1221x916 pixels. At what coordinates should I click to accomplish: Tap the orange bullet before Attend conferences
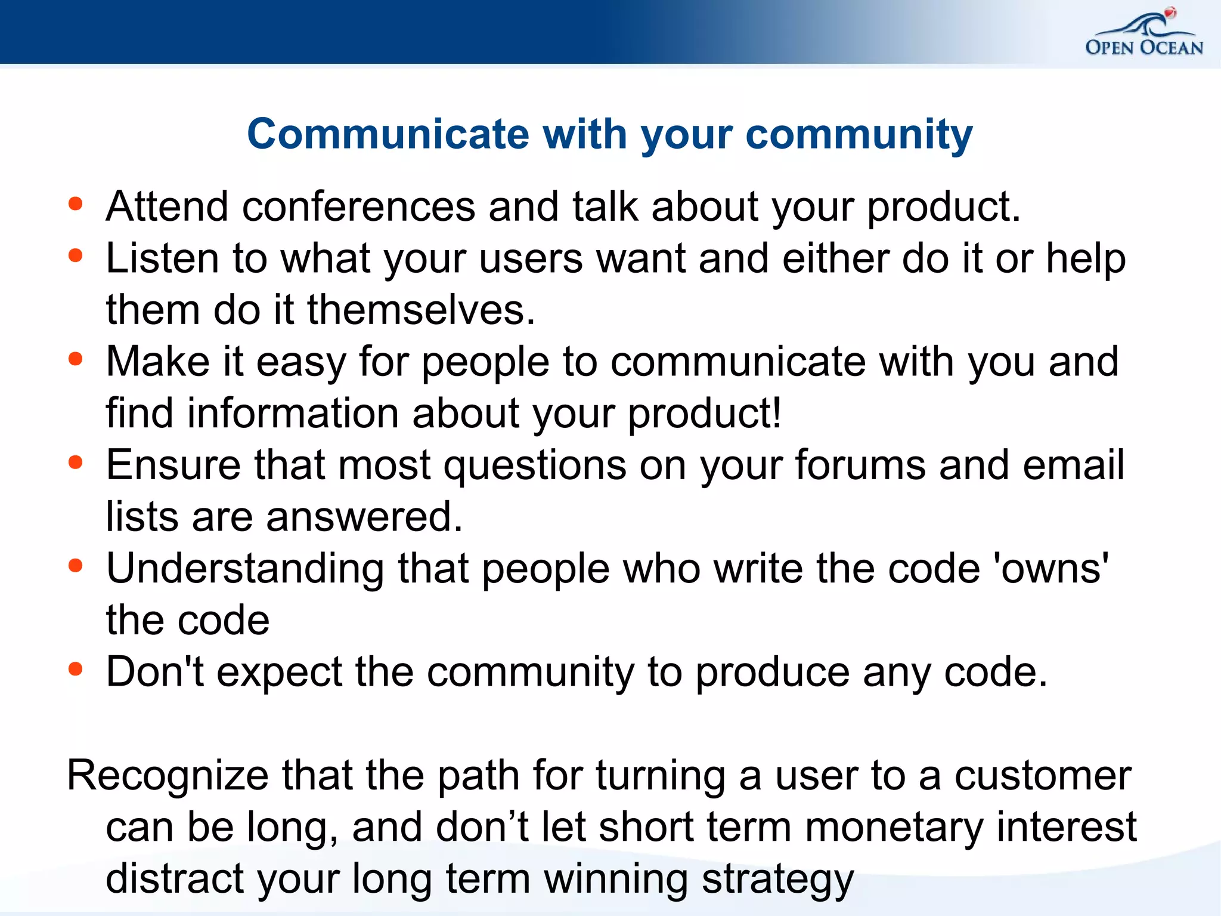tap(75, 204)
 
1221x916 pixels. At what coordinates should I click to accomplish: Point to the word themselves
tap(421, 310)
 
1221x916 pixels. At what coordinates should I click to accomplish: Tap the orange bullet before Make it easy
tap(75, 359)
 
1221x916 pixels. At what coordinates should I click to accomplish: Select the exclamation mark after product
tap(776, 412)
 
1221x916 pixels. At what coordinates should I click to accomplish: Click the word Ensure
tap(173, 465)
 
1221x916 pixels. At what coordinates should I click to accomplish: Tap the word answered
tap(364, 517)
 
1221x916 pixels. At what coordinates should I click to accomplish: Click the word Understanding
tap(245, 569)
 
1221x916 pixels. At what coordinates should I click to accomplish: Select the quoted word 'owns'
tap(1052, 568)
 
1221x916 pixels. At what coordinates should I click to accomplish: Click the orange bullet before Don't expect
tap(75, 669)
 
